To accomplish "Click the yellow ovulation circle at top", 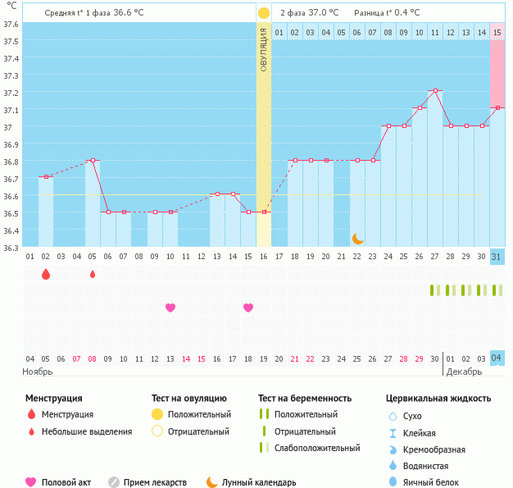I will pyautogui.click(x=263, y=13).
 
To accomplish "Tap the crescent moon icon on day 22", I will pyautogui.click(x=357, y=238).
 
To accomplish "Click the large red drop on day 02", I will pyautogui.click(x=46, y=274).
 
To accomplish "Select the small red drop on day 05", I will pyautogui.click(x=93, y=274).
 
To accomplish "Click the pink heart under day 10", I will pyautogui.click(x=170, y=308).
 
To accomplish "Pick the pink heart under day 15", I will pyautogui.click(x=248, y=308).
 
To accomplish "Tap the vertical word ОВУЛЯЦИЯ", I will pyautogui.click(x=263, y=49).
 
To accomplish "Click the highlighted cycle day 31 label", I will pyautogui.click(x=497, y=257).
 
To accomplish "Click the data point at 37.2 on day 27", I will pyautogui.click(x=435, y=91).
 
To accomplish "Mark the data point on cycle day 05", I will pyautogui.click(x=93, y=161).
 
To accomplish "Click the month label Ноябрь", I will pyautogui.click(x=38, y=372).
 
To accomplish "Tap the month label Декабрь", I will pyautogui.click(x=464, y=372).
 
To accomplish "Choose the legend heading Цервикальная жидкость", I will pyautogui.click(x=438, y=399).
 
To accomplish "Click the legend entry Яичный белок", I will pyautogui.click(x=437, y=483).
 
